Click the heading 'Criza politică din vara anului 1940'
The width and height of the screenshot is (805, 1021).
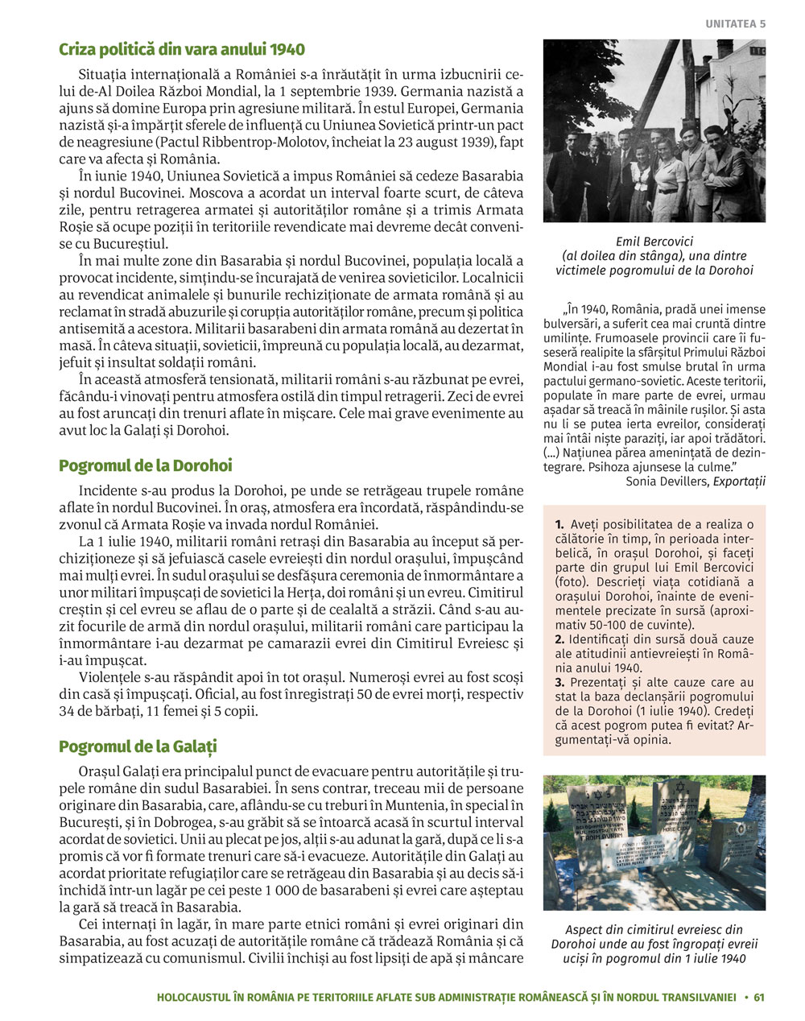[x=182, y=50]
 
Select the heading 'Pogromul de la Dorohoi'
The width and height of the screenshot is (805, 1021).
[x=146, y=465]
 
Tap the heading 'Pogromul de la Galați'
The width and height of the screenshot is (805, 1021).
[x=138, y=746]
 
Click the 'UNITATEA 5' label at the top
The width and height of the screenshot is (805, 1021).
[x=736, y=24]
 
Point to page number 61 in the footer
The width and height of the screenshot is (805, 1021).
[x=759, y=998]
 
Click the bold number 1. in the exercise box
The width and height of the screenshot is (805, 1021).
[x=559, y=525]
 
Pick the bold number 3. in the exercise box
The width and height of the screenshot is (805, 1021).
[x=559, y=683]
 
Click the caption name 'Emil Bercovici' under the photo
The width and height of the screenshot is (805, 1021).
[x=654, y=241]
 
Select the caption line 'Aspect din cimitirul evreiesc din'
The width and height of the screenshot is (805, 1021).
[x=654, y=929]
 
